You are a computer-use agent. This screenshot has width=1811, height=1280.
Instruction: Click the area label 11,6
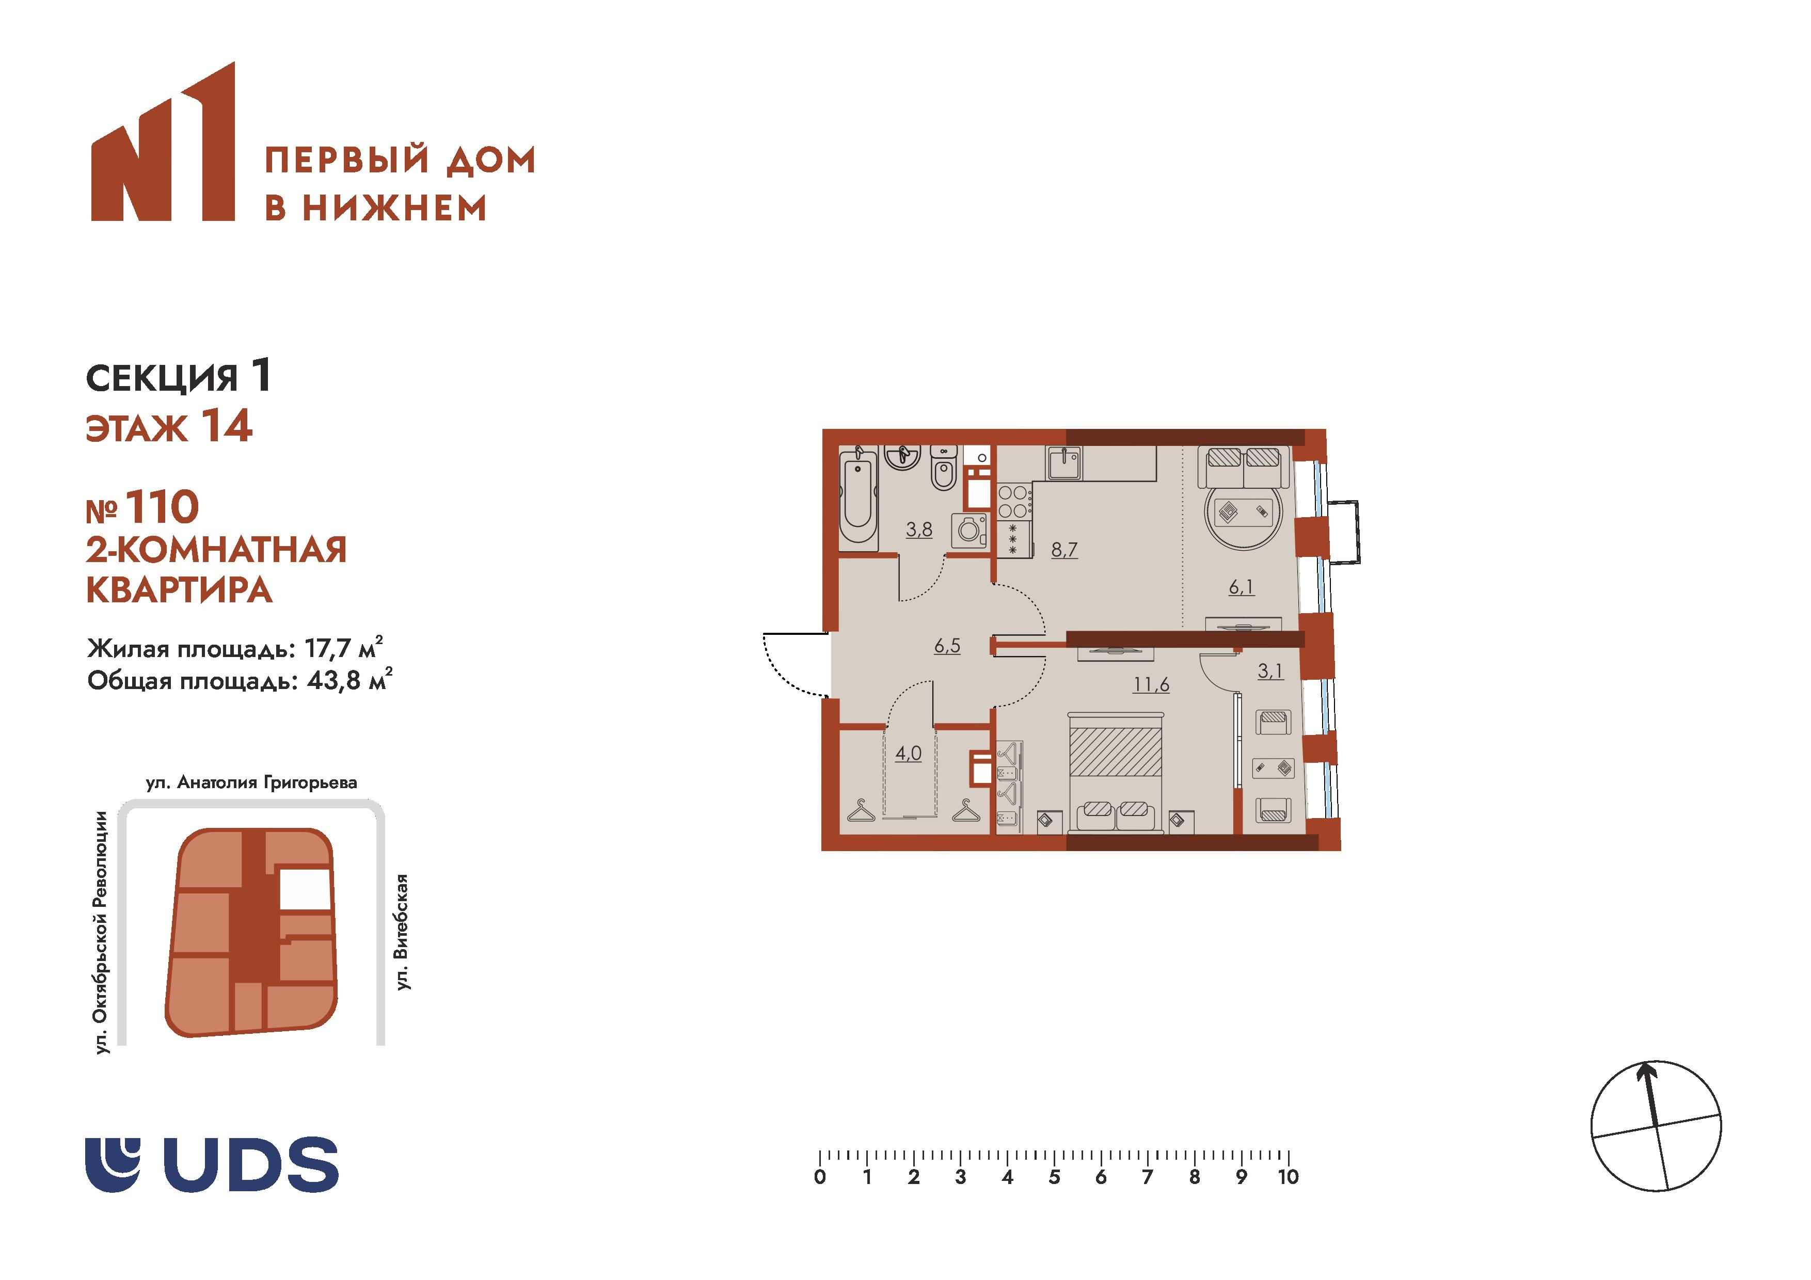pyautogui.click(x=1151, y=684)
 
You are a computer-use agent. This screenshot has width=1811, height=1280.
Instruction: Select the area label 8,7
pyautogui.click(x=1064, y=550)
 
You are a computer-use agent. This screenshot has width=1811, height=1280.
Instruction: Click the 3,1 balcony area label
pyautogui.click(x=1270, y=671)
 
